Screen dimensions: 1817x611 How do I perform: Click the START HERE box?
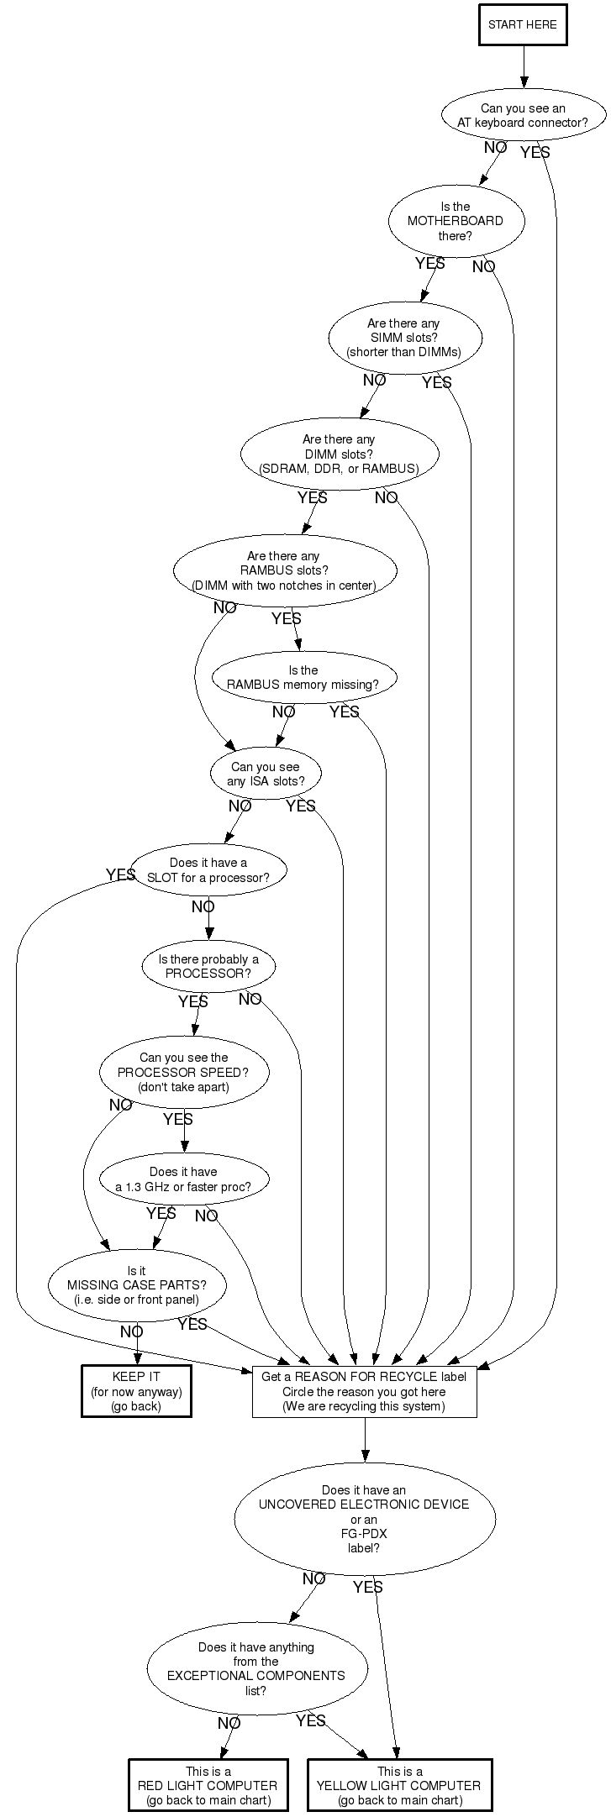click(x=522, y=24)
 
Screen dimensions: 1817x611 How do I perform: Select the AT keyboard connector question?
click(x=523, y=115)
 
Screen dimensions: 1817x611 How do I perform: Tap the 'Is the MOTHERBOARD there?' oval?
click(x=456, y=221)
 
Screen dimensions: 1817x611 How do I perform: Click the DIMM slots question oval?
click(x=339, y=454)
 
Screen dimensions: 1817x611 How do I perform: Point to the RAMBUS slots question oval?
click(x=284, y=570)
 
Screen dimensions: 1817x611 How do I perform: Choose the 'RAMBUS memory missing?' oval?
click(x=303, y=678)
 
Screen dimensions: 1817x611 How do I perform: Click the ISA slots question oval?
click(x=266, y=774)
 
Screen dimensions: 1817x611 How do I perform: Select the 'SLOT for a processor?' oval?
click(x=208, y=870)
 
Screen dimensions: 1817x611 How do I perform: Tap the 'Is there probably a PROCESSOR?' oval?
click(x=208, y=967)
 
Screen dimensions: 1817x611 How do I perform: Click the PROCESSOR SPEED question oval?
click(x=184, y=1072)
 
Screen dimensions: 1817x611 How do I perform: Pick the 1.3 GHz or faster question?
click(x=183, y=1179)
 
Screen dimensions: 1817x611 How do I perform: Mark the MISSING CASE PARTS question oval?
click(x=136, y=1285)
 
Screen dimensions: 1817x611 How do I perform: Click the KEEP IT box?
click(x=136, y=1391)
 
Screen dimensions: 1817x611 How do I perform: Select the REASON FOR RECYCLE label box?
click(x=364, y=1391)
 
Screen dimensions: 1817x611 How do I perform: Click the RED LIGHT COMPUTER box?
click(x=208, y=1785)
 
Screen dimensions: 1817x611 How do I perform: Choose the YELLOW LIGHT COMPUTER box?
click(x=399, y=1785)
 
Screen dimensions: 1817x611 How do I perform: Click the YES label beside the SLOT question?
click(x=120, y=875)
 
